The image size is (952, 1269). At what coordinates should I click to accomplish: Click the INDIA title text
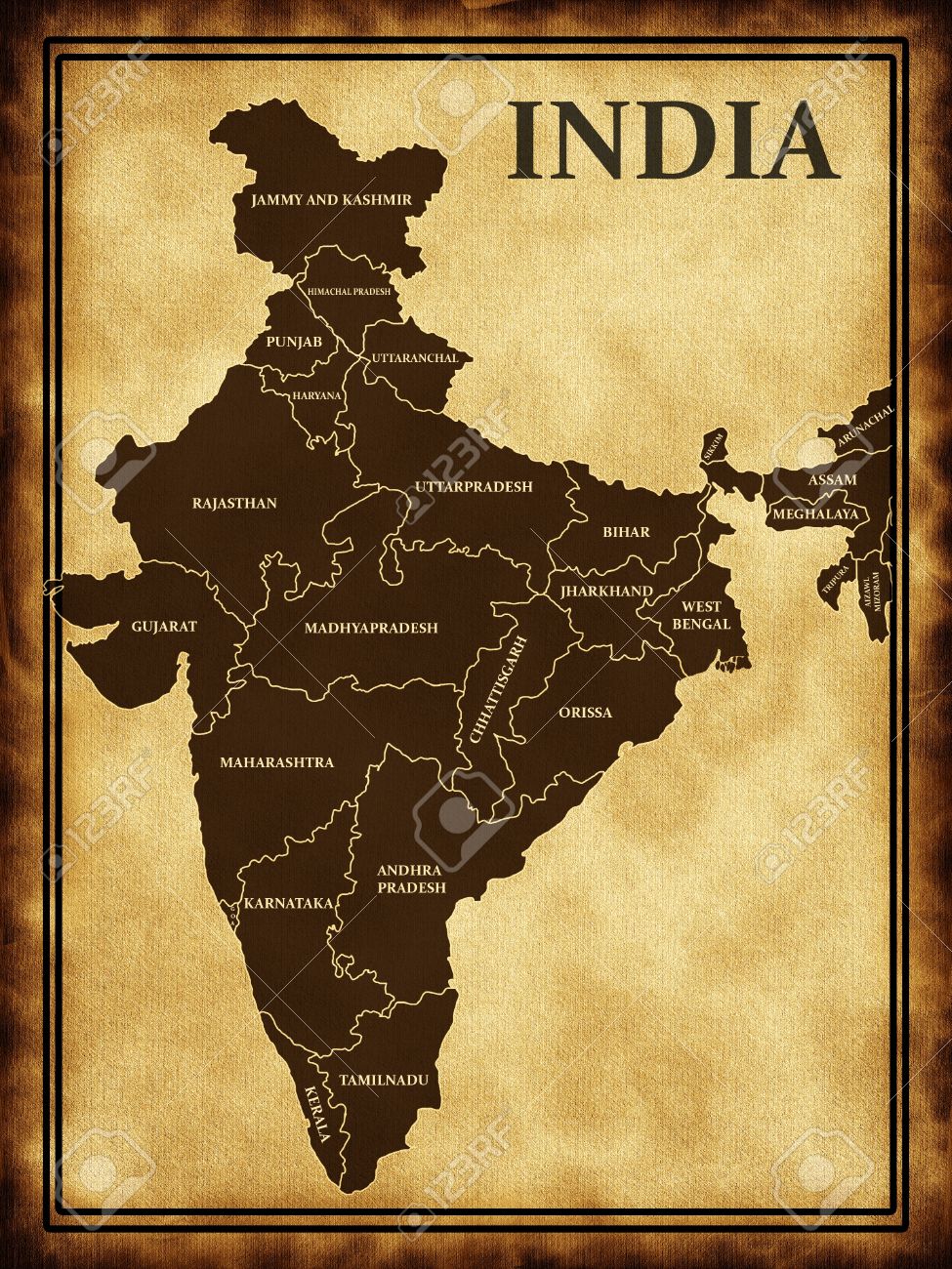tap(673, 142)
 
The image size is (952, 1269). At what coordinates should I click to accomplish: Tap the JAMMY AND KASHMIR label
tap(331, 200)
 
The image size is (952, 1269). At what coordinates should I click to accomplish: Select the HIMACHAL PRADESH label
tap(349, 292)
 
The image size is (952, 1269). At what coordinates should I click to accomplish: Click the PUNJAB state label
tap(294, 343)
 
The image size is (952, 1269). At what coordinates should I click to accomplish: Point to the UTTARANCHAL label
tap(414, 358)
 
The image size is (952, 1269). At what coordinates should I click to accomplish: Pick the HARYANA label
tap(317, 395)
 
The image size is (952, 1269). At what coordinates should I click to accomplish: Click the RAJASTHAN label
tap(234, 504)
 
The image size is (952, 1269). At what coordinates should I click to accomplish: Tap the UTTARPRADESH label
tap(474, 486)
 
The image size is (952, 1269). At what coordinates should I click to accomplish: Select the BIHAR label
tap(626, 532)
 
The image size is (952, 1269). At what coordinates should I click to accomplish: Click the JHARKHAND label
tap(606, 592)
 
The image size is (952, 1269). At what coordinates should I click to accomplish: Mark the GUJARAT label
tap(164, 627)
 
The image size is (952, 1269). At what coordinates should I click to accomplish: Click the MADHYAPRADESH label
tap(371, 629)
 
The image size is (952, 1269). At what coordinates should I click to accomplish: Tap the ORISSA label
tap(586, 713)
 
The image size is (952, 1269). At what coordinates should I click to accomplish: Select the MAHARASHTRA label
tap(276, 762)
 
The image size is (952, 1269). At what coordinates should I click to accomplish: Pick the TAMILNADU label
tap(384, 1081)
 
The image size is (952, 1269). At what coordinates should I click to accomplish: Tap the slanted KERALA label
tap(317, 1114)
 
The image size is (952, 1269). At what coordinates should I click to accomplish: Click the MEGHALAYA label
tap(815, 513)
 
